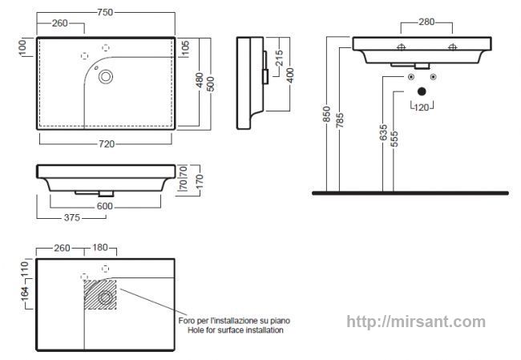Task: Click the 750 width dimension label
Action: click(105, 12)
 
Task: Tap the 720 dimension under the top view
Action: click(107, 144)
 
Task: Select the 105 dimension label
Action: click(186, 48)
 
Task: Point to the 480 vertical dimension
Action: click(200, 80)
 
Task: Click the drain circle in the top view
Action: click(106, 77)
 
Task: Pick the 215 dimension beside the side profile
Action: click(280, 58)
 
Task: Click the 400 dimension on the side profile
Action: click(290, 75)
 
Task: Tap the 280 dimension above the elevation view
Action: click(426, 22)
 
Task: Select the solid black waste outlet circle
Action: click(422, 91)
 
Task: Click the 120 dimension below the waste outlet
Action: click(422, 107)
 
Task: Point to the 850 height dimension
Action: click(327, 114)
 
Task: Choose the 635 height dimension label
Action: click(383, 132)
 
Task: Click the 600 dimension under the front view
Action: click(105, 206)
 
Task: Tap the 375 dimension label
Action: click(72, 218)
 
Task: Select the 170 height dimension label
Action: click(200, 181)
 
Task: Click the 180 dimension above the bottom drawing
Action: click(99, 248)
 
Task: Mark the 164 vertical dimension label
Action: click(25, 294)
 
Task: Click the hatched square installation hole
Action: click(100, 294)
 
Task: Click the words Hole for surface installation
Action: click(235, 330)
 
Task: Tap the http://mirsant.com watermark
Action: click(416, 322)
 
